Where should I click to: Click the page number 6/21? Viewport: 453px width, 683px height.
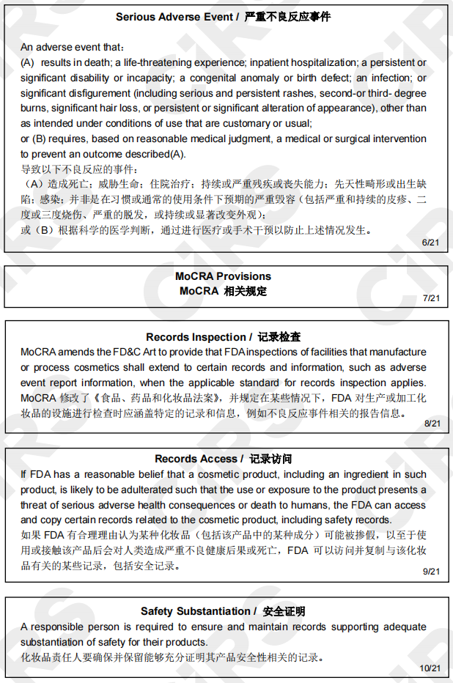431,243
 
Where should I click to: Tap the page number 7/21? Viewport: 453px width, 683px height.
431,298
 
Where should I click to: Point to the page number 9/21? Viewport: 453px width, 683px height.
431,572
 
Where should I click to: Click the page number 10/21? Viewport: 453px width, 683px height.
430,668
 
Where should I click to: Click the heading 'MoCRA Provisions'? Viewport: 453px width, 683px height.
223,276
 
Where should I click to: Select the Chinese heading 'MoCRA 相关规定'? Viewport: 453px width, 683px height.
223,291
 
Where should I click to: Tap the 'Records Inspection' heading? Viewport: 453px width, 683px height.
196,337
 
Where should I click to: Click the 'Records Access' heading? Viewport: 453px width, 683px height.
196,459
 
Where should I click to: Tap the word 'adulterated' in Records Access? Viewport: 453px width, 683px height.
181,490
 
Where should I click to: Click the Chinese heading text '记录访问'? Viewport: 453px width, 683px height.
270,459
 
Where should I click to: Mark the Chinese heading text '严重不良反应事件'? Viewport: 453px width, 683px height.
287,16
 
